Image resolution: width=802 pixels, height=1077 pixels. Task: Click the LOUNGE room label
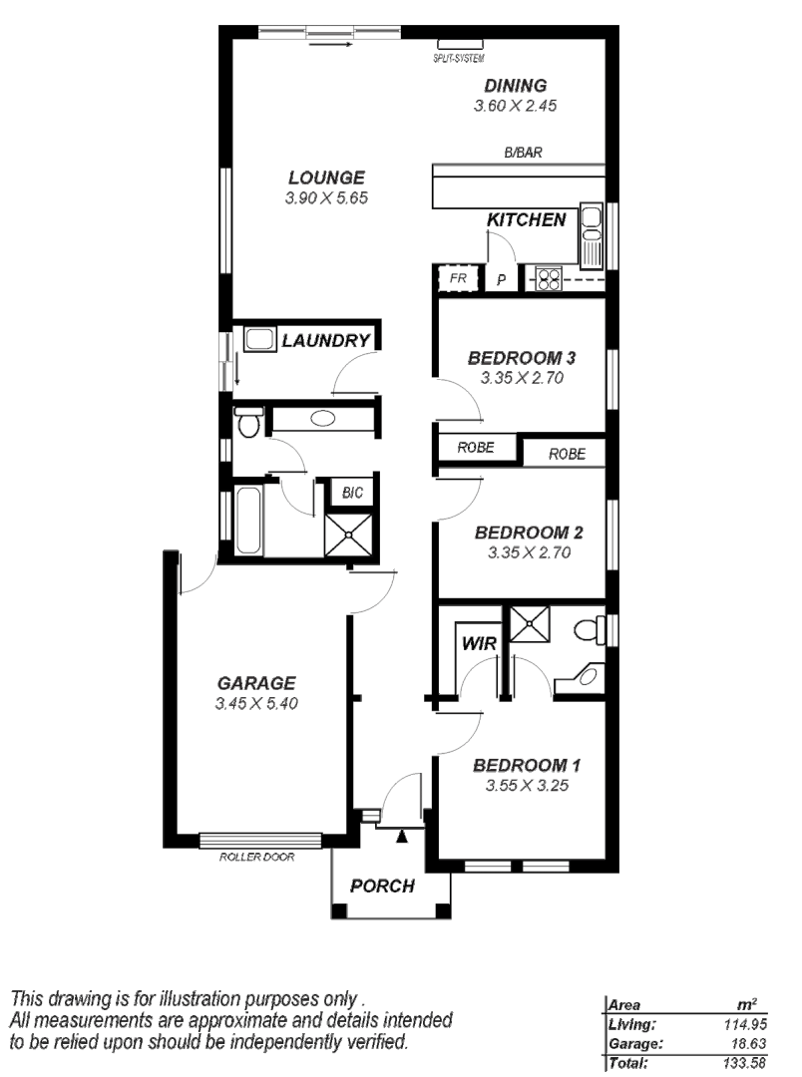point(326,179)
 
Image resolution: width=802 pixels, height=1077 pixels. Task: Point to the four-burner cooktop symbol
point(549,279)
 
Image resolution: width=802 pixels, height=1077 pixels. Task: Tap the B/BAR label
point(523,153)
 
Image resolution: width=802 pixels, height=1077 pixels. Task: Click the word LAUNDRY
point(325,341)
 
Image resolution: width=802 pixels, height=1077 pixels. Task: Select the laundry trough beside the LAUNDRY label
point(259,339)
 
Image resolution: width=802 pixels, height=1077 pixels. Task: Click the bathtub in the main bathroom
point(249,521)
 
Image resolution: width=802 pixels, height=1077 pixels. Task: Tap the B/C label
point(352,493)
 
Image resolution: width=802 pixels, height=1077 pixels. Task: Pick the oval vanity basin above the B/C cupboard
point(322,419)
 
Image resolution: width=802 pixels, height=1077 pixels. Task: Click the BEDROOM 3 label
point(523,358)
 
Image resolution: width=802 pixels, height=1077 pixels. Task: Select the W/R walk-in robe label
point(479,645)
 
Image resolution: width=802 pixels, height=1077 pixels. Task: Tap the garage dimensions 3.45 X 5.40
point(256,703)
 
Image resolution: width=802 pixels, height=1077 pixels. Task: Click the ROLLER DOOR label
point(256,857)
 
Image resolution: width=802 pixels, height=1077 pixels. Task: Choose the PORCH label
point(382,886)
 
